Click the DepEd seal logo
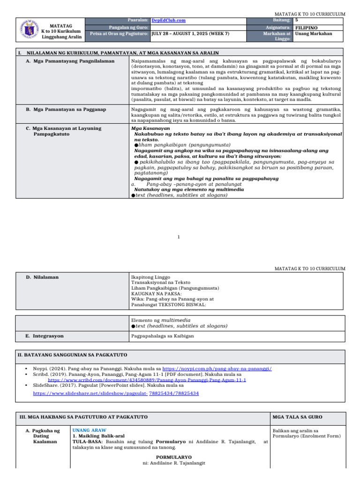pos(30,30)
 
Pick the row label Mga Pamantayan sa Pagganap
pos(66,109)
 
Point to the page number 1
pos(180,237)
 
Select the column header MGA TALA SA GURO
pos(295,417)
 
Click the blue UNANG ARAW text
pos(90,430)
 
